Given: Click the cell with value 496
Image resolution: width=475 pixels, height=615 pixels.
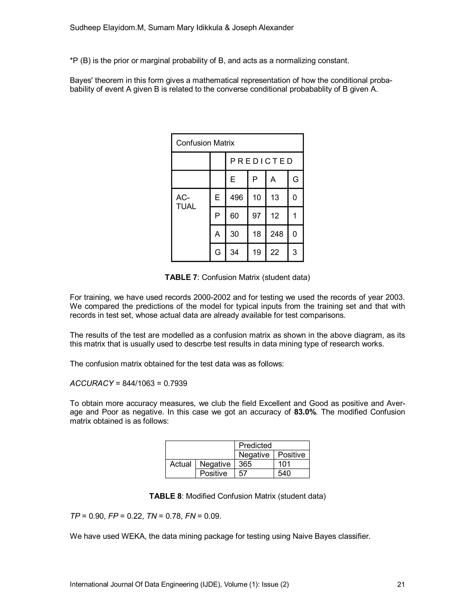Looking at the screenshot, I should (236, 197).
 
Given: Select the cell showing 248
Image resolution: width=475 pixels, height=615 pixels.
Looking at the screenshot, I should (277, 234).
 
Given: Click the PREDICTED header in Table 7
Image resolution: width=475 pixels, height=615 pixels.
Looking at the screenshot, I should (261, 161).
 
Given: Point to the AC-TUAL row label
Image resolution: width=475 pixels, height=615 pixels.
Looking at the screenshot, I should (186, 202).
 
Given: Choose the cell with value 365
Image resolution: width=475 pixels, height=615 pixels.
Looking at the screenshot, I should (245, 464).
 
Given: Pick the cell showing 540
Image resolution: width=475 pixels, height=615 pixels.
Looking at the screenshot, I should (284, 473).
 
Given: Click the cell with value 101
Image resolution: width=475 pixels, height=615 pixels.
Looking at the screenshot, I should (284, 464).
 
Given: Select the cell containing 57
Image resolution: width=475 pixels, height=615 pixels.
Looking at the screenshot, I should (243, 473).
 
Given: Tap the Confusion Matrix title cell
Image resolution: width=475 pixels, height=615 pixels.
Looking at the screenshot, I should (205, 143).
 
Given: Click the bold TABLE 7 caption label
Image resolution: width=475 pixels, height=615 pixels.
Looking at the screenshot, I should (181, 277).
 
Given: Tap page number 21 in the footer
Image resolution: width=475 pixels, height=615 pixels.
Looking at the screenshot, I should (401, 585).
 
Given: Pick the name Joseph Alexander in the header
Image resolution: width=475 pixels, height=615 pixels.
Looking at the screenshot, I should (263, 28).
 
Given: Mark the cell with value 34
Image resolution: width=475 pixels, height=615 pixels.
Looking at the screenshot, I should (234, 252).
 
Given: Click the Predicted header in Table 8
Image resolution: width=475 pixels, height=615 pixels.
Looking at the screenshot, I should (255, 446).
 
